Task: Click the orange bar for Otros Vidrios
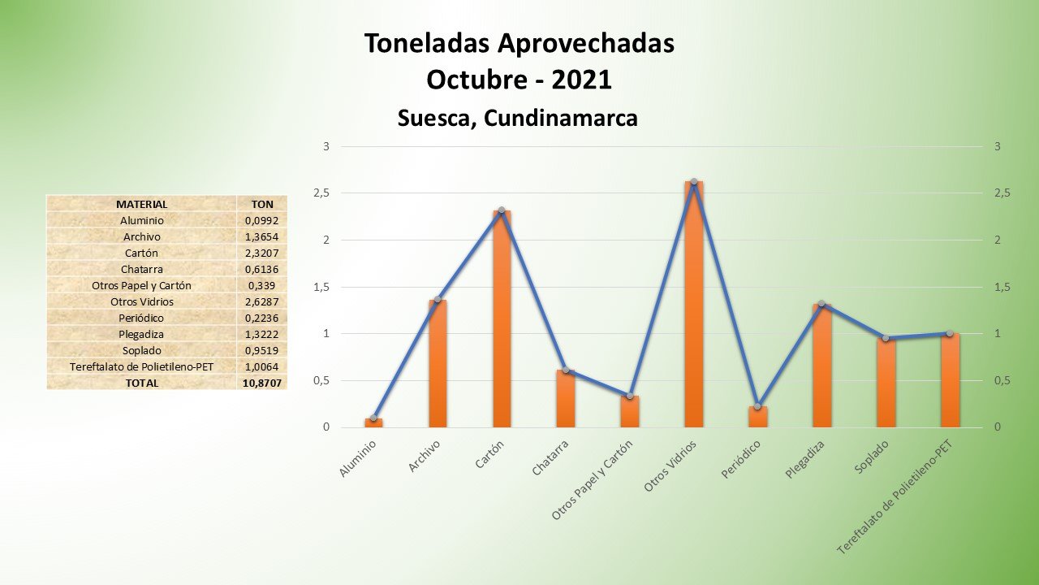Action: tap(694, 309)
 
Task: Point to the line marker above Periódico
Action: tap(758, 406)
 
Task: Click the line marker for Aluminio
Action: tap(373, 418)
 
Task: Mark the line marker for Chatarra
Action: tap(566, 370)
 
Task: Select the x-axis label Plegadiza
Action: tap(806, 459)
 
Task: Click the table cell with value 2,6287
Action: tap(262, 301)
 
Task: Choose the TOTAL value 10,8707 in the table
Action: tap(262, 383)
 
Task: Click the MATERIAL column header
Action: tap(142, 204)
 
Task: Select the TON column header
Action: tap(262, 204)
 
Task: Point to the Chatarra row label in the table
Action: tap(142, 269)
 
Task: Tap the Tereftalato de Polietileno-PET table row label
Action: tap(142, 366)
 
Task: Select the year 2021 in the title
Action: tap(581, 80)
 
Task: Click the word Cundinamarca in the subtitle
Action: tap(561, 119)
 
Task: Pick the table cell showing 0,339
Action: tap(262, 285)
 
